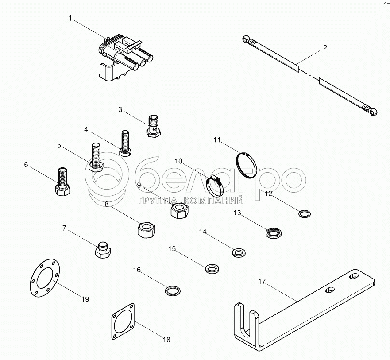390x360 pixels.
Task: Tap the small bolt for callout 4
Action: [125, 143]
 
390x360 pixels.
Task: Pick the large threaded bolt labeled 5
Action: [97, 158]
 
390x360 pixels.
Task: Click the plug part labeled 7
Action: [103, 251]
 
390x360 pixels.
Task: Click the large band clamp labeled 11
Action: [246, 165]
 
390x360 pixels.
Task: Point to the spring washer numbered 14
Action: [239, 252]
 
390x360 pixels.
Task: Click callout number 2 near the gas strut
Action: [325, 48]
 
